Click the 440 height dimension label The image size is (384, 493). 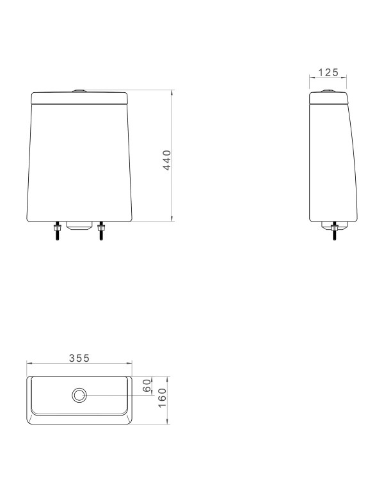(168, 160)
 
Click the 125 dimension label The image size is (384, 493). (328, 72)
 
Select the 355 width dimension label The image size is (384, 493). (79, 358)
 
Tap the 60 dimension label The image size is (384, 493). (147, 385)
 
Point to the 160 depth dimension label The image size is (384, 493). (162, 398)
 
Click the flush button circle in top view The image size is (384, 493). (79, 395)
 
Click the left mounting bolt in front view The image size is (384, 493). (57, 230)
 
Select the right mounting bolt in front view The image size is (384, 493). (101, 230)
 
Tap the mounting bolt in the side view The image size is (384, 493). (335, 230)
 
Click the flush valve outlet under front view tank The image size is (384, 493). (79, 225)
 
